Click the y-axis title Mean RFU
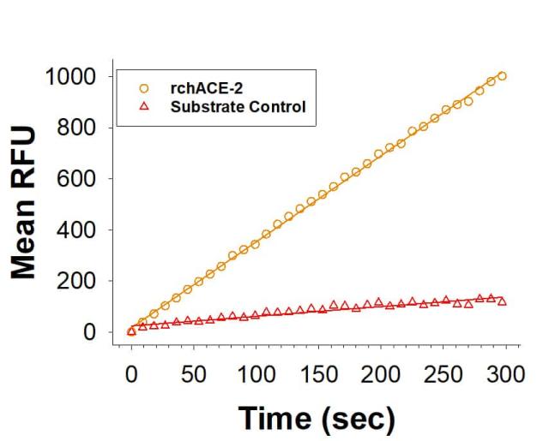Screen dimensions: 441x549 pyautogui.click(x=26, y=205)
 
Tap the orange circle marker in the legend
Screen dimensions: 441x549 pyautogui.click(x=144, y=88)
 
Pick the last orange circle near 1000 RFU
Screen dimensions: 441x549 pyautogui.click(x=502, y=76)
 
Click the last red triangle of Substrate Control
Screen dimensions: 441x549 pyautogui.click(x=502, y=301)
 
